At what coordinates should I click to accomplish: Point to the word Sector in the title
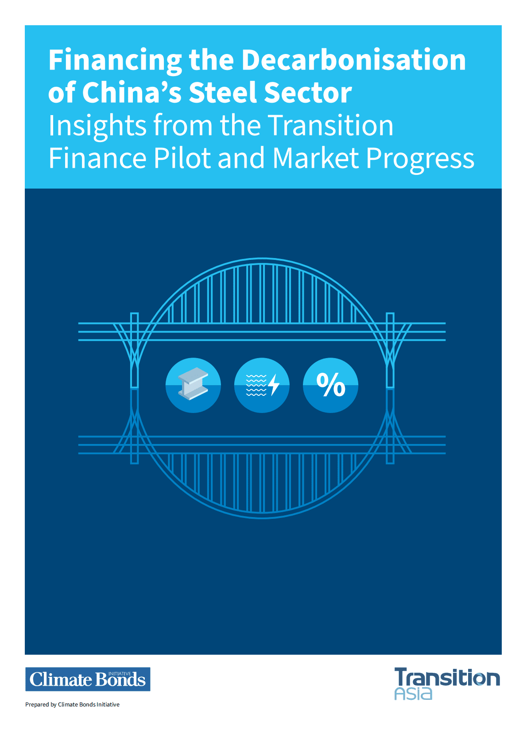tap(308, 93)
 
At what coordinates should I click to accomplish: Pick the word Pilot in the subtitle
tap(182, 158)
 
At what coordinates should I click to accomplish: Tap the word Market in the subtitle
tap(315, 158)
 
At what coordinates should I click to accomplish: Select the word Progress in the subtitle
tap(420, 159)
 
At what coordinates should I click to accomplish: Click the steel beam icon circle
tap(193, 385)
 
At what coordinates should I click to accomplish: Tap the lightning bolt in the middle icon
tap(274, 385)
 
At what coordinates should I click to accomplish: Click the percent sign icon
tap(330, 385)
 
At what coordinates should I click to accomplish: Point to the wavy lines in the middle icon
tap(256, 385)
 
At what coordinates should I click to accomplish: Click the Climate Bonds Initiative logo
tap(88, 679)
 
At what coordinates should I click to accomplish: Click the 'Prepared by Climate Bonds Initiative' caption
tap(72, 704)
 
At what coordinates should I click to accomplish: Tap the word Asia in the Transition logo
tap(413, 694)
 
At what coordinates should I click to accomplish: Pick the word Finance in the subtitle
tap(97, 158)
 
